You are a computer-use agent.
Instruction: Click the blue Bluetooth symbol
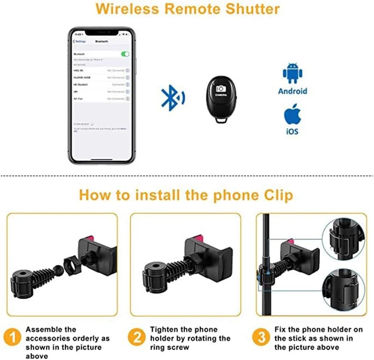[173, 97]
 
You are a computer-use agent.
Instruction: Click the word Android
[292, 91]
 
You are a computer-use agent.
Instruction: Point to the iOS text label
[292, 131]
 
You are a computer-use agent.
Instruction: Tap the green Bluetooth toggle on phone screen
[125, 54]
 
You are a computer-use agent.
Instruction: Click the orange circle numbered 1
[12, 338]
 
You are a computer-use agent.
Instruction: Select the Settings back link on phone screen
[80, 41]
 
